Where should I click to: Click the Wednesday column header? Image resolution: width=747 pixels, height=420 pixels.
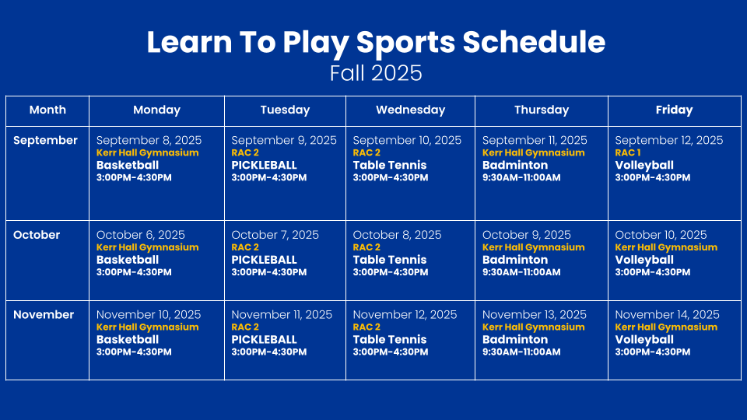[x=410, y=110]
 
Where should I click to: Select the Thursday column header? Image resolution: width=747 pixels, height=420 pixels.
[x=542, y=110]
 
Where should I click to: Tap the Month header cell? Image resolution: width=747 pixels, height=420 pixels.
[x=47, y=110]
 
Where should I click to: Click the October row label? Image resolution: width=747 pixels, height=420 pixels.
[x=37, y=235]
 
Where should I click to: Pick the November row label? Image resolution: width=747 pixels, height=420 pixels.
[x=44, y=315]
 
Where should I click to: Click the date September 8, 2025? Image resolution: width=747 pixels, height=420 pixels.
[x=149, y=140]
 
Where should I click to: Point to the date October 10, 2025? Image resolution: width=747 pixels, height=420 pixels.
[x=661, y=235]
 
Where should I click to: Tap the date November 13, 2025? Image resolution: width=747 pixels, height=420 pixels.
[x=535, y=315]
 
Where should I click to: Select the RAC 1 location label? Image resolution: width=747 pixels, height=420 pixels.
[x=627, y=153]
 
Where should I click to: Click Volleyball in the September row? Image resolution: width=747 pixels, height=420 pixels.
[x=644, y=165]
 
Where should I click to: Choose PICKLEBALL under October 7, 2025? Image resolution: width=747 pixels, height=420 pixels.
[x=264, y=260]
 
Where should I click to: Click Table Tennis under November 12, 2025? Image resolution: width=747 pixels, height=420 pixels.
[x=390, y=340]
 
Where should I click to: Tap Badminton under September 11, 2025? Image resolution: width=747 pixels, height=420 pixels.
[x=515, y=165]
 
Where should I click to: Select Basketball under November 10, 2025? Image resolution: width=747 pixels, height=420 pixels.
[x=127, y=340]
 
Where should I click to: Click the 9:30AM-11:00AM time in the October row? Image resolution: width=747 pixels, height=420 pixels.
[x=521, y=272]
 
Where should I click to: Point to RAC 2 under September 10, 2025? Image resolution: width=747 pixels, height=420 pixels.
[x=366, y=153]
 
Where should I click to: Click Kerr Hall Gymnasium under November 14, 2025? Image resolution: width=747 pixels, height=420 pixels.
[x=666, y=327]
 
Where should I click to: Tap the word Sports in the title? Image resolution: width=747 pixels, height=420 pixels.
[x=406, y=43]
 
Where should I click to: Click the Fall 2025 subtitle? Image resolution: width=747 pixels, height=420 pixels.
[x=376, y=73]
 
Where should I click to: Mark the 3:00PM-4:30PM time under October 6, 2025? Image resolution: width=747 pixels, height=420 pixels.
[x=134, y=272]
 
